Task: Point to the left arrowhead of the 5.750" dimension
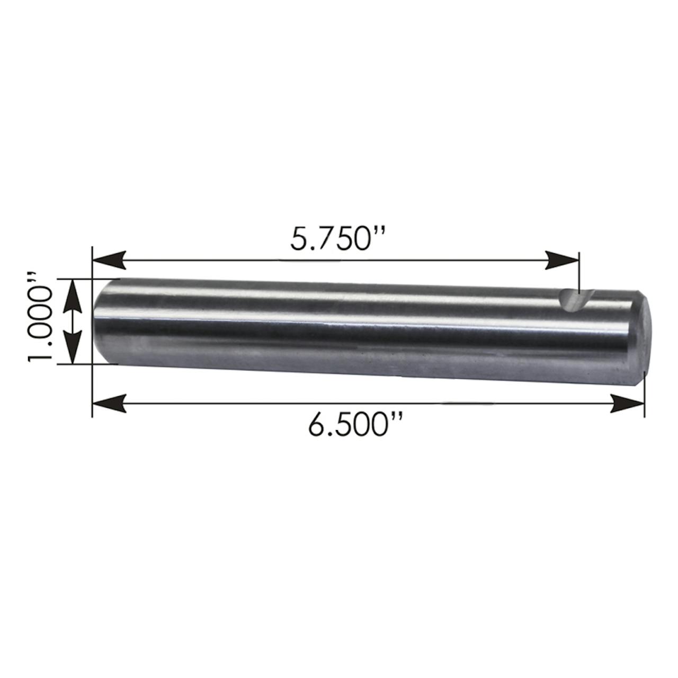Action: point(109,261)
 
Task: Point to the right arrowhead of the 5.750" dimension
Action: point(561,261)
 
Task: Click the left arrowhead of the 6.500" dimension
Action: point(109,404)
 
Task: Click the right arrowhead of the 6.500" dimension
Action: point(627,404)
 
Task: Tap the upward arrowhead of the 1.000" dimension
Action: point(72,296)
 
